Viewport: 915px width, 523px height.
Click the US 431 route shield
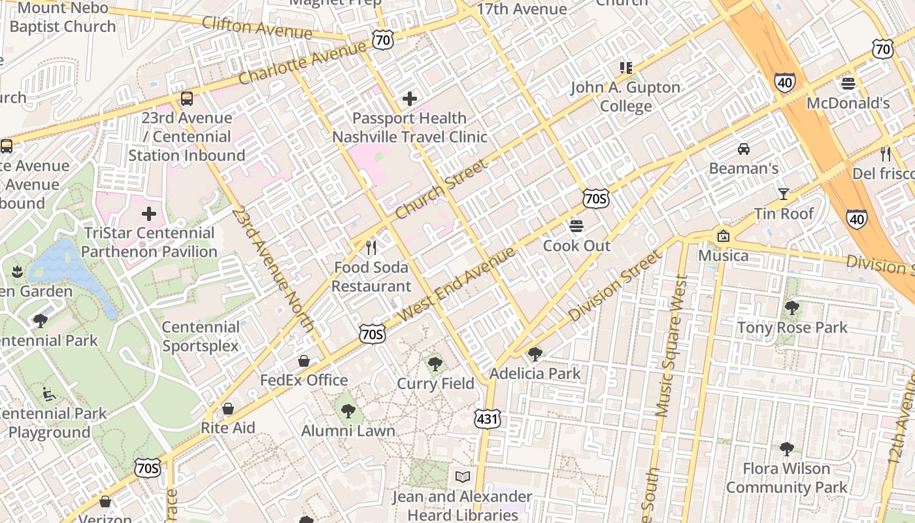tap(488, 418)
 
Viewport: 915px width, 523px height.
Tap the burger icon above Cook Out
tap(576, 226)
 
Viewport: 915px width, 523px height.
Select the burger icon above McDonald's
tap(848, 83)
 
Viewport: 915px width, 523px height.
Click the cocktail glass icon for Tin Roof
tap(783, 194)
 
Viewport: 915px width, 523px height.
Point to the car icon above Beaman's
tap(744, 148)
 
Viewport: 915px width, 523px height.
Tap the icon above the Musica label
tap(723, 236)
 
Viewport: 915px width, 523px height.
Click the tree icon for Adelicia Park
tap(535, 354)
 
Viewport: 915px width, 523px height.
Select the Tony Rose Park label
tap(792, 328)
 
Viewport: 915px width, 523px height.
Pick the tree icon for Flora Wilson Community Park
tap(787, 448)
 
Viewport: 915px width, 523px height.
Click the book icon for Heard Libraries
tap(463, 477)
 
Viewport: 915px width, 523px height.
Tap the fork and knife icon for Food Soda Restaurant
tap(371, 248)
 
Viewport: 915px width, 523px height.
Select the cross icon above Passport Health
tap(410, 99)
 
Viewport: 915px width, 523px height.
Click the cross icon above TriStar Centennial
tap(149, 213)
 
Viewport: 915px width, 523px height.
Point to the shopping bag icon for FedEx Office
tap(304, 361)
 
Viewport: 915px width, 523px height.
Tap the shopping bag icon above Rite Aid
tap(228, 409)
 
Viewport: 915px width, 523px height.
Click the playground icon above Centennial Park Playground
tap(49, 394)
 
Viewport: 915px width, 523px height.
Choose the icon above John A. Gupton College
tap(626, 68)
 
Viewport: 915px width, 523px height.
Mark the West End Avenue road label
tap(456, 284)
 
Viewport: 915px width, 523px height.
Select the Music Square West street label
tap(671, 346)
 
